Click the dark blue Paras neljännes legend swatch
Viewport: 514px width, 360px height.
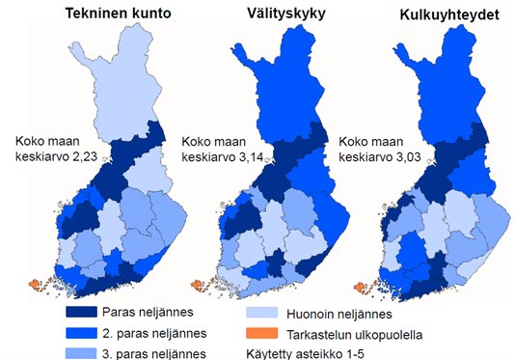pyautogui.click(x=94, y=314)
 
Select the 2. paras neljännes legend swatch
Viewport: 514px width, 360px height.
pyautogui.click(x=94, y=332)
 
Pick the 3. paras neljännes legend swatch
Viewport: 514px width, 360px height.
pyautogui.click(x=94, y=350)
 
